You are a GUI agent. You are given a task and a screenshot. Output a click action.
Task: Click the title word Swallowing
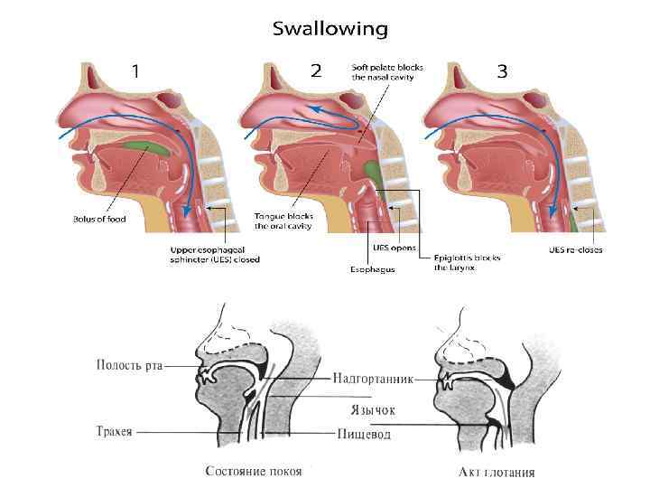pyautogui.click(x=330, y=29)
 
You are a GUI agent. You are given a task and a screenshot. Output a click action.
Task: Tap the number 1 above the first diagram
pyautogui.click(x=135, y=71)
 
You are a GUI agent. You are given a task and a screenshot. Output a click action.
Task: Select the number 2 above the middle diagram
pyautogui.click(x=315, y=71)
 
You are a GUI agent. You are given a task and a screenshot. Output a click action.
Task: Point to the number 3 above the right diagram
pyautogui.click(x=502, y=71)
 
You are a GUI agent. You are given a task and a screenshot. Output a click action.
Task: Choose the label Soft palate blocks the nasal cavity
pyautogui.click(x=387, y=70)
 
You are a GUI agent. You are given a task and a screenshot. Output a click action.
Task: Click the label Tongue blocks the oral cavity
pyautogui.click(x=283, y=222)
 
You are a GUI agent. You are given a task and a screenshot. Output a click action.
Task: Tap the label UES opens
pyautogui.click(x=394, y=245)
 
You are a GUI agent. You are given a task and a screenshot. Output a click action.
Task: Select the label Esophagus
pyautogui.click(x=372, y=268)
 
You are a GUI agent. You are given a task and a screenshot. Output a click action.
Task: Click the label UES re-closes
pyautogui.click(x=576, y=249)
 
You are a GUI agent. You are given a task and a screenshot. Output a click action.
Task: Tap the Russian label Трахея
pyautogui.click(x=114, y=431)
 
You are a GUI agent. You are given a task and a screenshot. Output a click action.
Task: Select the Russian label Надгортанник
pyautogui.click(x=368, y=380)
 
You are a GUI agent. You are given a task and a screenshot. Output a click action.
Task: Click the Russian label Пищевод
pyautogui.click(x=365, y=435)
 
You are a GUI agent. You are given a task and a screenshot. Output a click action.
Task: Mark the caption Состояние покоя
pyautogui.click(x=254, y=471)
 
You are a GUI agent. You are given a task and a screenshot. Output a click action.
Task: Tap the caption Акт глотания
pyautogui.click(x=497, y=471)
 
